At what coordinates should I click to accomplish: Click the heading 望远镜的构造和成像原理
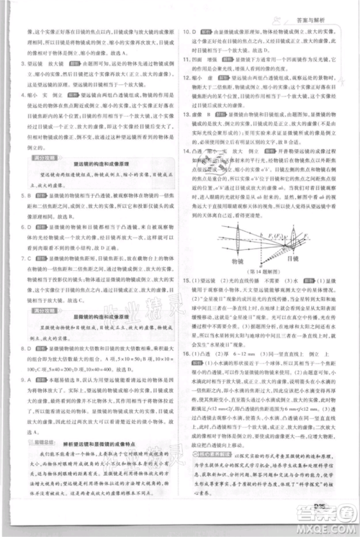(93, 165)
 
